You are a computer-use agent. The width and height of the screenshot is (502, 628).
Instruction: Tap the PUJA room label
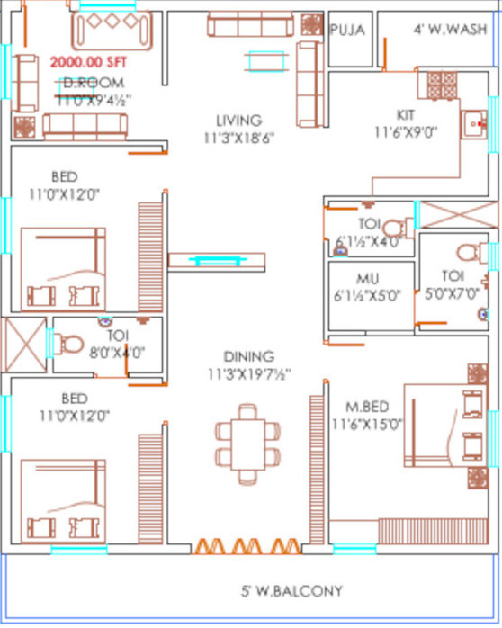tap(347, 31)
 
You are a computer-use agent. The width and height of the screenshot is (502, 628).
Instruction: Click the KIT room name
tap(407, 114)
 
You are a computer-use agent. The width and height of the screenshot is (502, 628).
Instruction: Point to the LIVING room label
tap(238, 120)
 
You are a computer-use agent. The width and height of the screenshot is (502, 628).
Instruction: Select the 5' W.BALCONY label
tap(290, 591)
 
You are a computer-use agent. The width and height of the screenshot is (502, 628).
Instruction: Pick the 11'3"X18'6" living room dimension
tap(238, 138)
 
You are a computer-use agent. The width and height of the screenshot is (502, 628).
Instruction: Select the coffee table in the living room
tap(261, 61)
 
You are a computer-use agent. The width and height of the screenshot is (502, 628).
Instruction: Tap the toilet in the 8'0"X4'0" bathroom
tap(67, 342)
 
